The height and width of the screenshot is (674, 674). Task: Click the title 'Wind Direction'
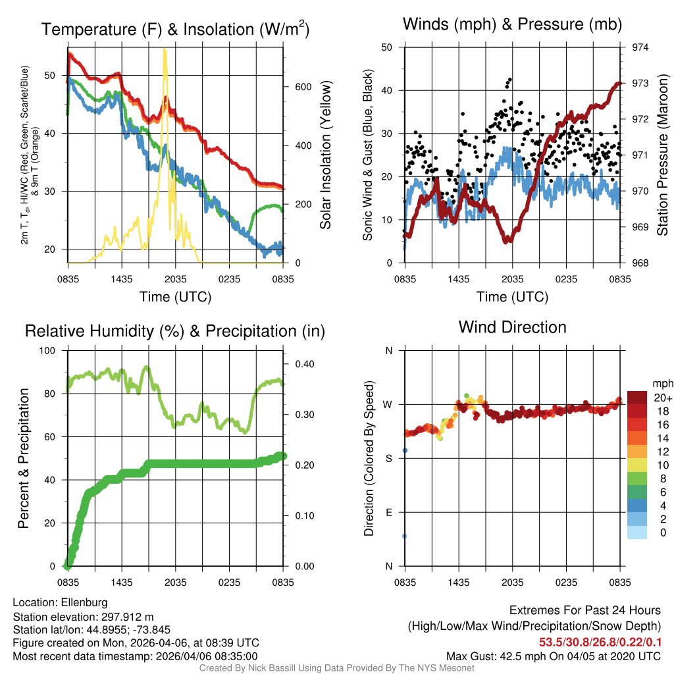[x=512, y=327]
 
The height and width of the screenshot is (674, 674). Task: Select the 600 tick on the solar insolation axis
[x=294, y=87]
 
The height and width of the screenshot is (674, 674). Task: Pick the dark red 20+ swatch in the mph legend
[x=638, y=398]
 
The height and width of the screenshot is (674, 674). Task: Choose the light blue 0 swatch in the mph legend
[x=638, y=532]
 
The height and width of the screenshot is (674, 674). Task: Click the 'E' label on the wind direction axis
[x=388, y=512]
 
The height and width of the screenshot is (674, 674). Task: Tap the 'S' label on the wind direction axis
[x=388, y=458]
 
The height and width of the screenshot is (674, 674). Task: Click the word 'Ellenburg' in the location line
[x=84, y=602]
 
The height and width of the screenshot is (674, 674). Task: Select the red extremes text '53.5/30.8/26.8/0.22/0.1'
[x=600, y=642]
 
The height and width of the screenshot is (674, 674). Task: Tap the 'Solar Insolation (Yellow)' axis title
[x=325, y=155]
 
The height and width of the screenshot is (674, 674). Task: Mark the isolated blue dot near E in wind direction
[x=404, y=536]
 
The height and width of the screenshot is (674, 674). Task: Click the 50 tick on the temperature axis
[x=55, y=76]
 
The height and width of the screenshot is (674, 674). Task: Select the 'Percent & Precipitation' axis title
[x=24, y=458]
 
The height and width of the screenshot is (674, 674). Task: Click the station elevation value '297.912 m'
[x=127, y=617]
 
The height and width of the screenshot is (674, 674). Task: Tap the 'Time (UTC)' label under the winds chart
[x=513, y=297]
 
